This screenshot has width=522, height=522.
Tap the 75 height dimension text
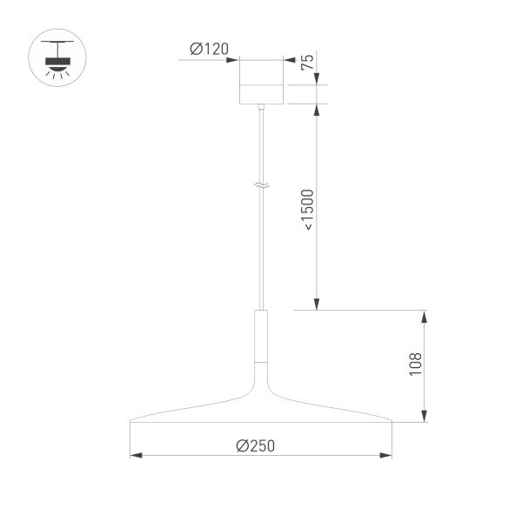pos(306,63)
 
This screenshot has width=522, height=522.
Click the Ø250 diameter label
pos(255,445)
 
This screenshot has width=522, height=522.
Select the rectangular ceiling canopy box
pos(261,81)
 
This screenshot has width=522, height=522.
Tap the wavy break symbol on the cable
pos(261,185)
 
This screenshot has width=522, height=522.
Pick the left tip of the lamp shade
pos(131,423)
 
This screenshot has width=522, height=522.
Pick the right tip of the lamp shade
pos(391,423)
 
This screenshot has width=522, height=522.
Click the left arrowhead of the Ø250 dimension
pos(136,454)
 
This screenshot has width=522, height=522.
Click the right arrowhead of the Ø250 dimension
pos(386,454)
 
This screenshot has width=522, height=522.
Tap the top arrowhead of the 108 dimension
pos(425,315)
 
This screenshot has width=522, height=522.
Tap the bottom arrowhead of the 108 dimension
pos(425,418)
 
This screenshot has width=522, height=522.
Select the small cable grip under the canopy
pos(261,107)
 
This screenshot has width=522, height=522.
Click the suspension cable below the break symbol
pos(261,252)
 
